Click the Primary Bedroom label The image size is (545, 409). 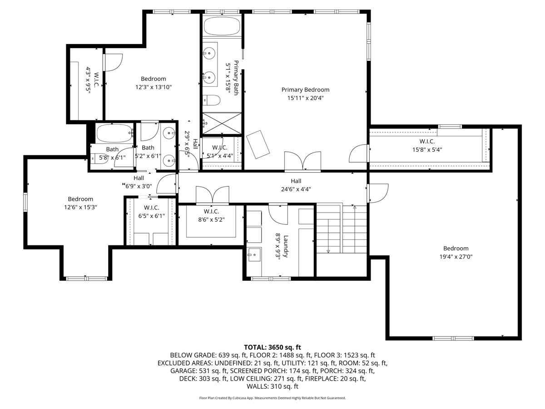pos(305,90)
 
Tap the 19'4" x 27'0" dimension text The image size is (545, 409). pos(456,256)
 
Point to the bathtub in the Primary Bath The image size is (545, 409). pos(222,26)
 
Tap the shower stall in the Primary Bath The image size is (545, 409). pos(222,123)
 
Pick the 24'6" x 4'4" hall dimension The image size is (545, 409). pos(296,189)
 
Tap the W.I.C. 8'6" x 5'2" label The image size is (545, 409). pos(212,211)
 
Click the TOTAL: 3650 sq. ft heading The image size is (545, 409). pos(272,347)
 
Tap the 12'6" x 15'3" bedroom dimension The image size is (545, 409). pos(80,207)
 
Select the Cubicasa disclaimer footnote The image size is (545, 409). pos(272,398)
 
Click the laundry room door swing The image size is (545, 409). pos(278,213)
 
